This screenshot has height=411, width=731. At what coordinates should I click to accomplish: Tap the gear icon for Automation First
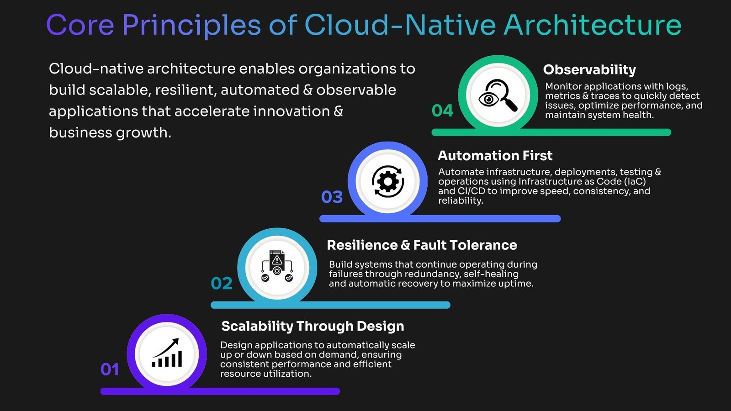tap(388, 181)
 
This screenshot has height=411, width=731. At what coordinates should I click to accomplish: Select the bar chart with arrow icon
tap(167, 353)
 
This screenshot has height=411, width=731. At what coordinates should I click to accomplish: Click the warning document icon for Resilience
tap(277, 266)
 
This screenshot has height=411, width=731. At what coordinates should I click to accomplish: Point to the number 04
tap(443, 111)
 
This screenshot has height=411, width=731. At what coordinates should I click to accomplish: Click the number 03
tap(332, 197)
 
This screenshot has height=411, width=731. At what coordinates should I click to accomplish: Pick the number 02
tap(222, 283)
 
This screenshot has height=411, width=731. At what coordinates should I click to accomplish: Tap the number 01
tap(110, 369)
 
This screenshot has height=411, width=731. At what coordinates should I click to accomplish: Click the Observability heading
tap(589, 69)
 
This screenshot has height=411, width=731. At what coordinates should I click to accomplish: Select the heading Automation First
tap(495, 155)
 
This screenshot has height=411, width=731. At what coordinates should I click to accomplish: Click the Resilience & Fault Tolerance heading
tap(422, 245)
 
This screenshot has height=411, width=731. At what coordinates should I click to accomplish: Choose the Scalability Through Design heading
tap(313, 326)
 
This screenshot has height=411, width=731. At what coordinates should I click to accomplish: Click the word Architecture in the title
tap(593, 25)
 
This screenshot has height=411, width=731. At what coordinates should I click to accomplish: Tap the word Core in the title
tap(80, 25)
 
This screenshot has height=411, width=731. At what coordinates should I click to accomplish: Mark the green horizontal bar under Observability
tap(551, 132)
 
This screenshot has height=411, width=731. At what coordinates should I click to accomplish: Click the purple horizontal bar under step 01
tap(220, 391)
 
